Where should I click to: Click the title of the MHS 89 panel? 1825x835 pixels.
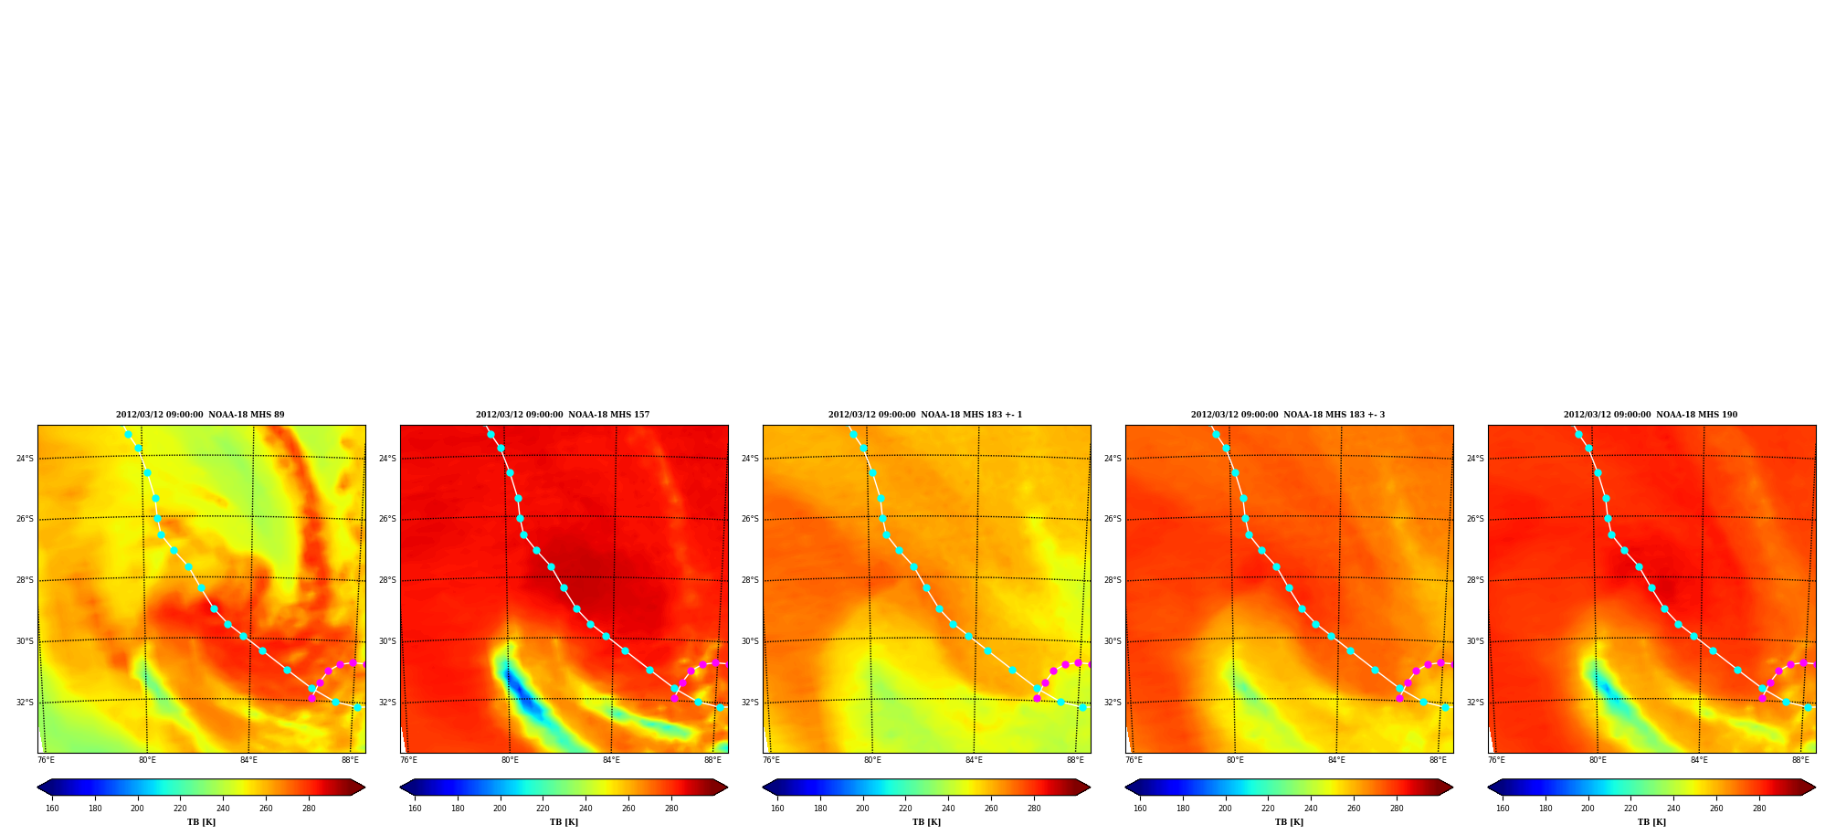point(200,415)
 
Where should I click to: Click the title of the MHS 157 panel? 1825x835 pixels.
point(563,415)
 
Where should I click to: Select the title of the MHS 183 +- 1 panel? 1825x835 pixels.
point(925,415)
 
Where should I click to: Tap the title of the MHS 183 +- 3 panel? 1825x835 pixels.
point(1288,415)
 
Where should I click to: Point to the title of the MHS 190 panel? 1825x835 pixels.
point(1651,415)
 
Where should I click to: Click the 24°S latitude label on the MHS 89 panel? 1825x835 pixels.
point(25,459)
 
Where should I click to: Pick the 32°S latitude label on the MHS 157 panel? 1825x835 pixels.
point(387,703)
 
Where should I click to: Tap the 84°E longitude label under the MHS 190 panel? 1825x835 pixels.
point(1699,760)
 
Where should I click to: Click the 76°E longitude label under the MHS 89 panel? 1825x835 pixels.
point(46,760)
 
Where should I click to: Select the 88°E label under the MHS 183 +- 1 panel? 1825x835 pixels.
point(1075,760)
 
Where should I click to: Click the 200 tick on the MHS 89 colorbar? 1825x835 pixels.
point(137,808)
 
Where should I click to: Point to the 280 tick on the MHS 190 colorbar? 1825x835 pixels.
point(1759,808)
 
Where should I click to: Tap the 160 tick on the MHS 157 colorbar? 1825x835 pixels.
point(415,808)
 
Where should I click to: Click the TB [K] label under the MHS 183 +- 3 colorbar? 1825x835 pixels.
point(1289,822)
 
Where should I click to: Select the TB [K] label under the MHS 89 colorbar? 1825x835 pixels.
point(201,822)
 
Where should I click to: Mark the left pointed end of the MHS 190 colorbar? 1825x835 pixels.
point(1489,787)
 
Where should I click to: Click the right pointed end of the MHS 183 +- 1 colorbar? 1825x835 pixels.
point(1089,787)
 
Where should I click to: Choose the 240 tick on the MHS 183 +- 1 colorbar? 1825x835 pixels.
point(948,808)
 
